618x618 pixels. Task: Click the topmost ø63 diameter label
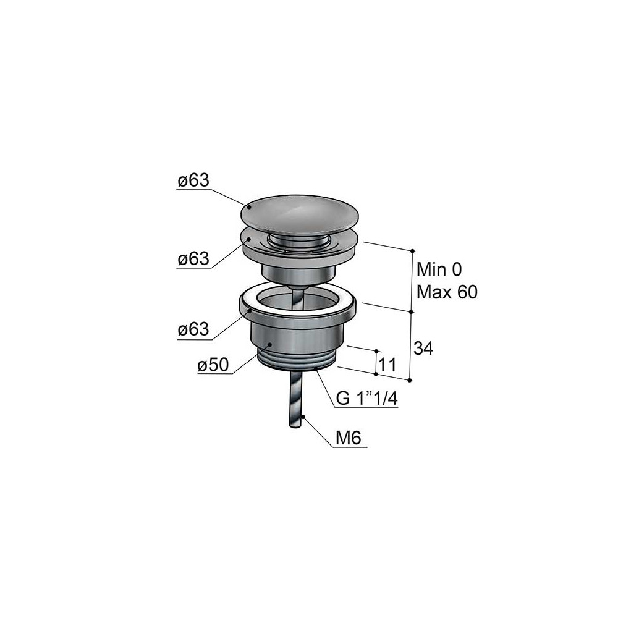point(193,181)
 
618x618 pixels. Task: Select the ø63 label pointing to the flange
point(193,260)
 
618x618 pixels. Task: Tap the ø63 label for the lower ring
point(193,329)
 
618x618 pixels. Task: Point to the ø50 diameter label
point(213,365)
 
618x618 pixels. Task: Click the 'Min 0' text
point(439,269)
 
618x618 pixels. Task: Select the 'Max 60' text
point(447,292)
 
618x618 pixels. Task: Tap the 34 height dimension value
point(423,349)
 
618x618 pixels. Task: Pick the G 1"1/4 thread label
point(366,399)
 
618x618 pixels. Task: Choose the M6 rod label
point(349,438)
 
